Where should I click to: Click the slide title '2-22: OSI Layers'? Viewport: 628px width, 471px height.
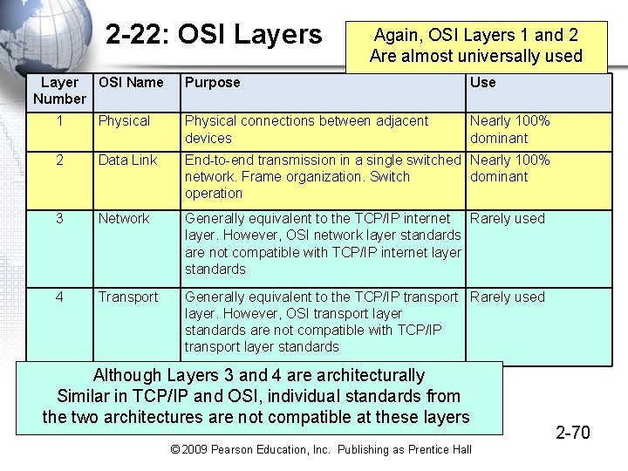click(214, 35)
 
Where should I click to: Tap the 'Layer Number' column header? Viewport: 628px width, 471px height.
click(59, 91)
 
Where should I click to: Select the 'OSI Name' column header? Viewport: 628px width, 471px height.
click(131, 82)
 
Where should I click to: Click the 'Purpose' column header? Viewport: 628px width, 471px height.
click(212, 82)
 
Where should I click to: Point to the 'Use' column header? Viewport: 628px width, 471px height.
click(482, 82)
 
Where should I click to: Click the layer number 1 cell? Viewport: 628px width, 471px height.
click(59, 121)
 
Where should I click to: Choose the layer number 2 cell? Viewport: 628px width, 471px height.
click(59, 160)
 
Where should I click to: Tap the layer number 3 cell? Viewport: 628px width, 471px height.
click(59, 219)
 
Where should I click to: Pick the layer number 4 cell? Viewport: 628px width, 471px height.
click(59, 297)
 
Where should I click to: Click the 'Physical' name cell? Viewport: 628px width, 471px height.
click(124, 121)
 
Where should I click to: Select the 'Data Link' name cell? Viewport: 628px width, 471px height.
click(127, 160)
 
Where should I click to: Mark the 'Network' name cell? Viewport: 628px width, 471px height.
click(124, 219)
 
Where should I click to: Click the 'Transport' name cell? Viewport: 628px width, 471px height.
click(128, 297)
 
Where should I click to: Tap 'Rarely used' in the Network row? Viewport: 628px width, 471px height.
click(507, 219)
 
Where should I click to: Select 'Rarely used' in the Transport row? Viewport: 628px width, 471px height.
click(507, 297)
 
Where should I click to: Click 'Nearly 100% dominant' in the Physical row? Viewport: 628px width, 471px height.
click(509, 129)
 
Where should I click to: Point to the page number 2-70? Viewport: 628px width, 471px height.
click(573, 432)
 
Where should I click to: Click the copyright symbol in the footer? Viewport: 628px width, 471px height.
click(175, 449)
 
